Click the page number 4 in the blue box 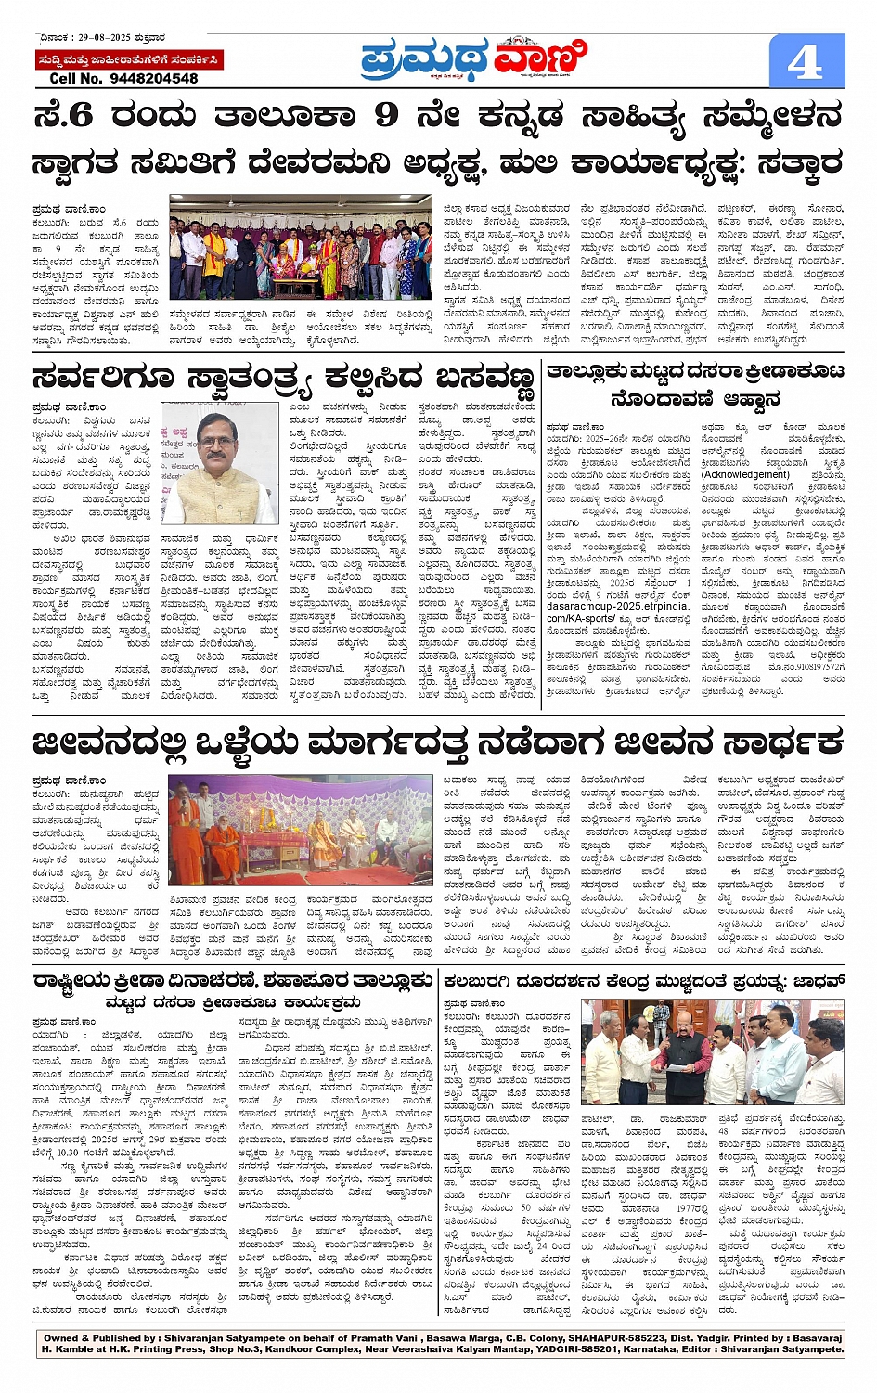tap(805, 62)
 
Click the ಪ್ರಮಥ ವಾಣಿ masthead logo tap(474, 60)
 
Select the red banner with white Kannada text tap(129, 60)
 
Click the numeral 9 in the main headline tap(386, 115)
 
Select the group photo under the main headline tap(301, 248)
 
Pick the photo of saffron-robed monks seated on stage tap(300, 830)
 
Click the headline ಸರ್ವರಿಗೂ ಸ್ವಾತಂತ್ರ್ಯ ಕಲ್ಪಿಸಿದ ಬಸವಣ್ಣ tap(283, 379)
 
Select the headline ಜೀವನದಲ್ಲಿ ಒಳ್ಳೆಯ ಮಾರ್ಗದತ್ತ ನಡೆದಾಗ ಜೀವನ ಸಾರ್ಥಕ tap(438, 742)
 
